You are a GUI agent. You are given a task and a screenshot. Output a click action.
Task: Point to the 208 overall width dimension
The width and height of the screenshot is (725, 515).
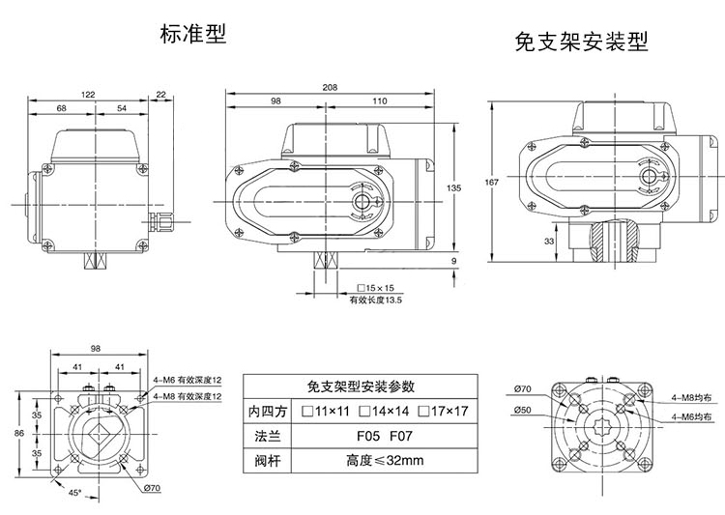pos(330,87)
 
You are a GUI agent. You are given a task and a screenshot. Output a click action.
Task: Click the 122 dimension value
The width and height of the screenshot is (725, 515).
pos(88,94)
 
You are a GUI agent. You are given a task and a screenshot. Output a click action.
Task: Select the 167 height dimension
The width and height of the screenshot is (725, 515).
pos(492,183)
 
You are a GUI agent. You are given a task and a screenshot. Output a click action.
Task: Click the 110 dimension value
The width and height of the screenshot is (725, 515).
pos(378,101)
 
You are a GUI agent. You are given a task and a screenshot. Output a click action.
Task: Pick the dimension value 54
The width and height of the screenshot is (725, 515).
pos(122,108)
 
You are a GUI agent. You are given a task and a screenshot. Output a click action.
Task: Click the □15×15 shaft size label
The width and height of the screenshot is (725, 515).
pos(376,289)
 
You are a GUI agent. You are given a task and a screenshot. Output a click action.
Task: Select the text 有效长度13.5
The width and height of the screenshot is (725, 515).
pos(375,300)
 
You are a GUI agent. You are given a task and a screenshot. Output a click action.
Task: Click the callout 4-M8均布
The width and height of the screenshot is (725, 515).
pos(692,397)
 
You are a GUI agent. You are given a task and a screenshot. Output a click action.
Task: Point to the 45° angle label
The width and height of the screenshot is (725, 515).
pos(74,495)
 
